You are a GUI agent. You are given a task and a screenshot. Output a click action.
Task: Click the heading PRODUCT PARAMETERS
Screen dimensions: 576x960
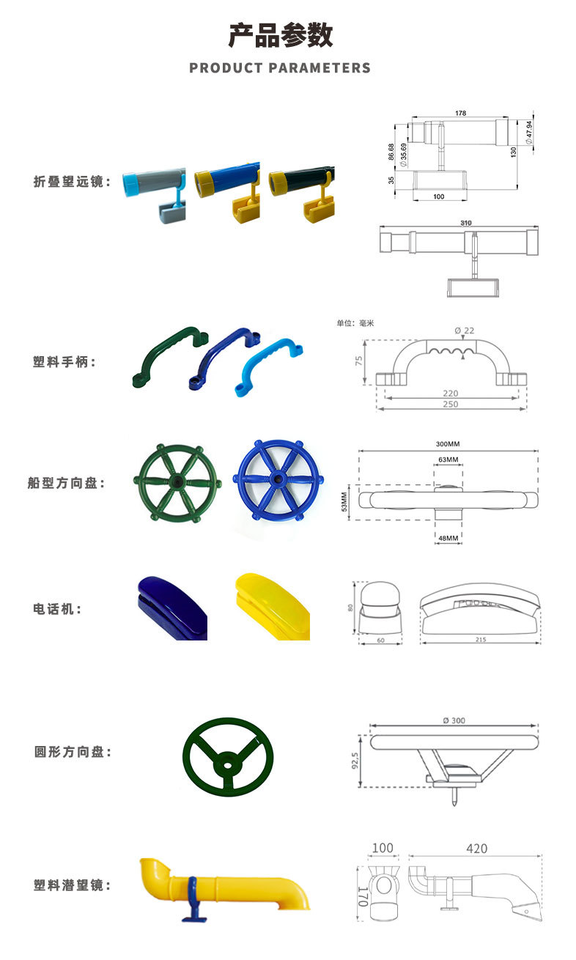(280, 68)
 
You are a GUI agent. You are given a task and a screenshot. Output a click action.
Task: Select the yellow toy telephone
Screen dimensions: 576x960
(271, 604)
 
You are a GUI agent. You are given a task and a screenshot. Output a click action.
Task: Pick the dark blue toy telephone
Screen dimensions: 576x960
(171, 608)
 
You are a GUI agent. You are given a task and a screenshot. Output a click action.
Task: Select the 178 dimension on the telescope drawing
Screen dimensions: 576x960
(460, 114)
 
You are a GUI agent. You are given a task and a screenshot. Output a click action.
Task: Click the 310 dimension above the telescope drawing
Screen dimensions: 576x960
(466, 223)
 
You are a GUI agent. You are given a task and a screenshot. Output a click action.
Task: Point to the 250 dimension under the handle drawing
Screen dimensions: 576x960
(450, 405)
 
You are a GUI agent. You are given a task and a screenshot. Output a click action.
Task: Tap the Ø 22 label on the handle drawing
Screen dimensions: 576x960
(464, 331)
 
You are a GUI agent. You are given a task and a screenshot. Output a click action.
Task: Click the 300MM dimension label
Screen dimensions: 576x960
(448, 445)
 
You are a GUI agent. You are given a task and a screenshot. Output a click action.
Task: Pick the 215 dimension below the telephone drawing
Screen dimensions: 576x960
(480, 640)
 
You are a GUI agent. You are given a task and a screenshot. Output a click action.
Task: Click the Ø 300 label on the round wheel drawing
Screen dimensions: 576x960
(454, 720)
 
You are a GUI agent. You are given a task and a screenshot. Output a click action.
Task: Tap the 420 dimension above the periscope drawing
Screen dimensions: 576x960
(476, 849)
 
